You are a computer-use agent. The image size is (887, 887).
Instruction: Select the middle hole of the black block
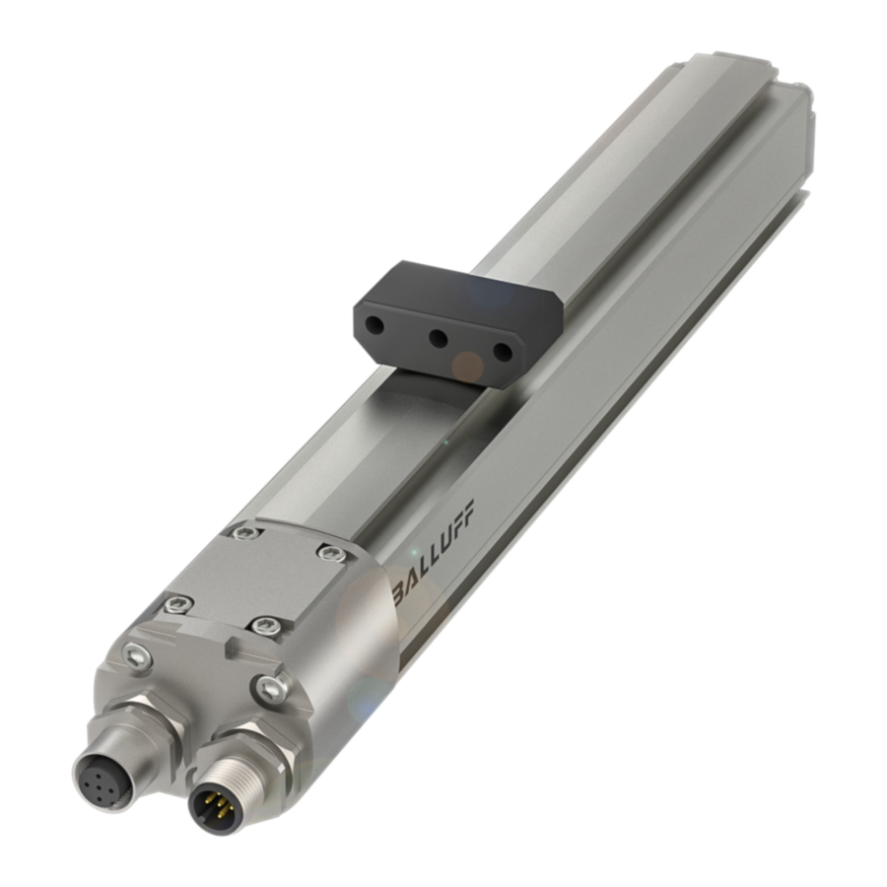[x=439, y=338]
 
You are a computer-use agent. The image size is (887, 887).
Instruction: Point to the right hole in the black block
[x=503, y=351]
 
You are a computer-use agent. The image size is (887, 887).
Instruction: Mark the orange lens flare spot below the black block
[x=467, y=367]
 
